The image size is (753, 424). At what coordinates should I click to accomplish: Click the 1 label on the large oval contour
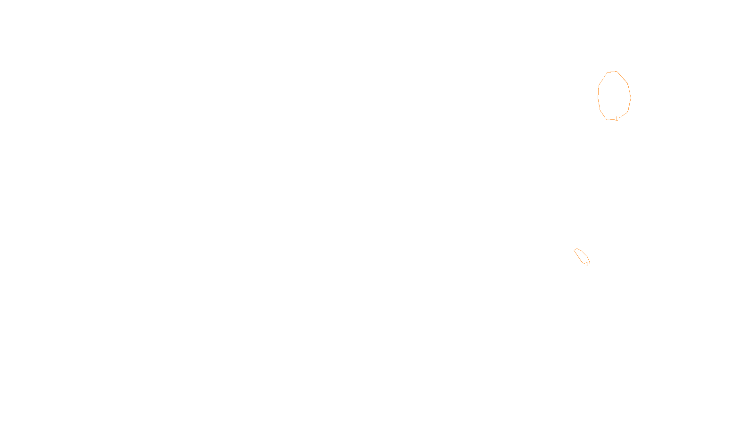[x=617, y=119]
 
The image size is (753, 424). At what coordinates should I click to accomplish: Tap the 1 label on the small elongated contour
[x=587, y=264]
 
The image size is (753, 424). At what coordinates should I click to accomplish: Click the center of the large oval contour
[x=614, y=96]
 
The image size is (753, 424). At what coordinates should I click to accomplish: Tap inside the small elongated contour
[x=581, y=255]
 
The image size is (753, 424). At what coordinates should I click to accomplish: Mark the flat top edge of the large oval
[x=612, y=72]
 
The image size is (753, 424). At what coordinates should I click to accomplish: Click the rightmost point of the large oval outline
[x=631, y=98]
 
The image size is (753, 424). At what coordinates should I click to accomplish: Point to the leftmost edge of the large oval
[x=598, y=96]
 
